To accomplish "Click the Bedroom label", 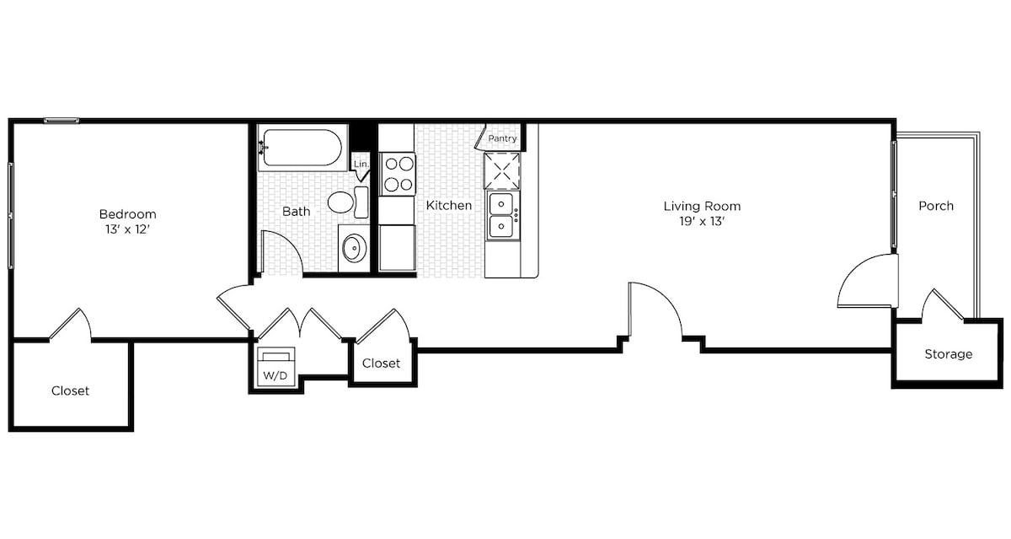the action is click(x=128, y=214).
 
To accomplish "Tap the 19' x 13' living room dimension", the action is click(x=702, y=221).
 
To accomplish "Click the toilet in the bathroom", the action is click(x=348, y=202).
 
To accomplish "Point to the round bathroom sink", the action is click(x=354, y=248).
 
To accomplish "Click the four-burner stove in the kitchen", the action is click(x=398, y=174).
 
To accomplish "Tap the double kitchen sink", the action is click(x=502, y=215).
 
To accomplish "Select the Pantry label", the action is click(x=502, y=138).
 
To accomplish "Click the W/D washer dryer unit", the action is click(x=275, y=367).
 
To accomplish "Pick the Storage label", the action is click(x=949, y=354).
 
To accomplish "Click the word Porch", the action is click(x=936, y=206).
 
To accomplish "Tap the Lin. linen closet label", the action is click(x=361, y=164).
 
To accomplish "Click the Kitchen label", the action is click(x=449, y=206).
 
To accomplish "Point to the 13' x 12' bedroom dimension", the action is click(x=128, y=229).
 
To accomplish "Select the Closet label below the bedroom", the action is click(x=71, y=391).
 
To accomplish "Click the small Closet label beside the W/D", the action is click(x=382, y=364).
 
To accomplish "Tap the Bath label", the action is click(x=296, y=212).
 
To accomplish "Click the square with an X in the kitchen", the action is click(x=502, y=170).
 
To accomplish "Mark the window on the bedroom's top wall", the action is click(x=62, y=121).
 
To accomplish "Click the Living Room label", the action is click(x=702, y=207).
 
